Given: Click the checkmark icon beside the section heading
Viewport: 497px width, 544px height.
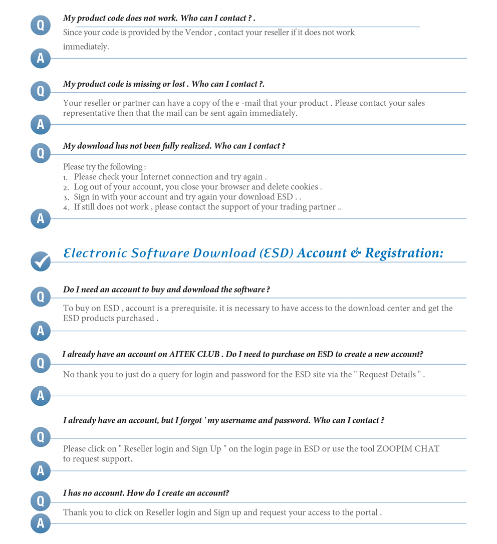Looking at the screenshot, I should coord(41,261).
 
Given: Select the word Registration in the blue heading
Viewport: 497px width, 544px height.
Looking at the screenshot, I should coord(404,253).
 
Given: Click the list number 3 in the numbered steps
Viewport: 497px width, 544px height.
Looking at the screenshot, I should coord(66,198).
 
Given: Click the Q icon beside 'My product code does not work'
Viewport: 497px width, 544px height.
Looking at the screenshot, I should coord(41,25).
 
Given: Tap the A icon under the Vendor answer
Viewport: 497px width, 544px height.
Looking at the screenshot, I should coord(41,59).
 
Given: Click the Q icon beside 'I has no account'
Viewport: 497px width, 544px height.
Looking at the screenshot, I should coord(41,500).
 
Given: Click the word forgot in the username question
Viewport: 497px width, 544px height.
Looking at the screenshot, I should coord(190,420).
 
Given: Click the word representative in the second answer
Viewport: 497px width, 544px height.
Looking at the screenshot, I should coord(89,113).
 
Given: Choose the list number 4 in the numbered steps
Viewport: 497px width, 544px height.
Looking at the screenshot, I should coord(66,208).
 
